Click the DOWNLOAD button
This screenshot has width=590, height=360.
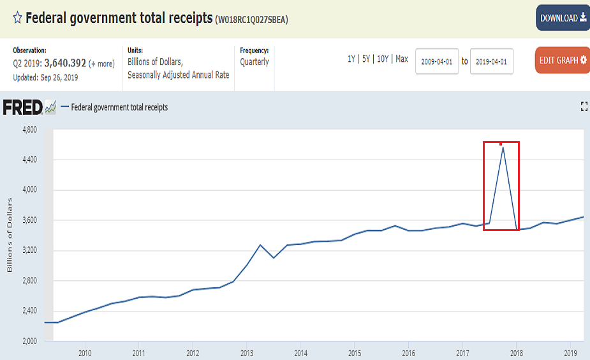[x=563, y=18]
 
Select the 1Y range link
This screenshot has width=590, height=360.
[x=351, y=59]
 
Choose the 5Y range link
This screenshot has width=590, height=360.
[x=367, y=59]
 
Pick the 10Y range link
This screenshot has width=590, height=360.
[x=383, y=59]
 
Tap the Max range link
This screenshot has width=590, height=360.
[x=402, y=59]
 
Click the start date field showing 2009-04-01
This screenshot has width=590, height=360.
[x=437, y=61]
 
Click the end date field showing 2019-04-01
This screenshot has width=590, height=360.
[x=491, y=61]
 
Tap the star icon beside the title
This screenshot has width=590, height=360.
[x=17, y=18]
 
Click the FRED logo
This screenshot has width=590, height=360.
[x=23, y=107]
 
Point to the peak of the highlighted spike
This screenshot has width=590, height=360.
[x=503, y=147]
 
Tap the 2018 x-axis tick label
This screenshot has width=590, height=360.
[x=517, y=352]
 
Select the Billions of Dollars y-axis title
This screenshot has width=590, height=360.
[x=10, y=235]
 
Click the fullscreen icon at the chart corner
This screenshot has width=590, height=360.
[x=584, y=107]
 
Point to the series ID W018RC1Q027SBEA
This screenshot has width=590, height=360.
[x=253, y=20]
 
